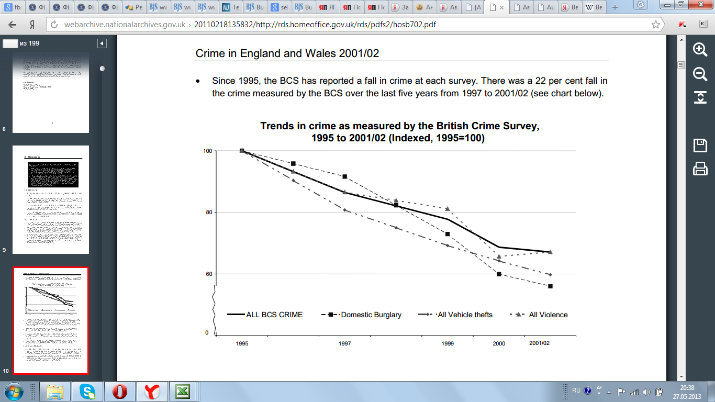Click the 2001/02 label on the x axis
pos(539,343)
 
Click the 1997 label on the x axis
pos(344,343)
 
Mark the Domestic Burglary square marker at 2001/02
pos(550,286)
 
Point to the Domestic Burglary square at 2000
pos(499,274)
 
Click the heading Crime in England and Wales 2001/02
pos(287,53)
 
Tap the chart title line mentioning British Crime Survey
pos(399,127)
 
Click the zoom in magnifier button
pos(700,49)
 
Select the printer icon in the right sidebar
pos(700,169)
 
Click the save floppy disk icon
pos(700,145)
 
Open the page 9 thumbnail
pos(51,199)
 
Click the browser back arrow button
pos(12,25)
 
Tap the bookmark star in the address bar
pos(655,25)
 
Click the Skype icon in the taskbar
pos(88,391)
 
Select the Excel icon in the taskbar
pos(182,391)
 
